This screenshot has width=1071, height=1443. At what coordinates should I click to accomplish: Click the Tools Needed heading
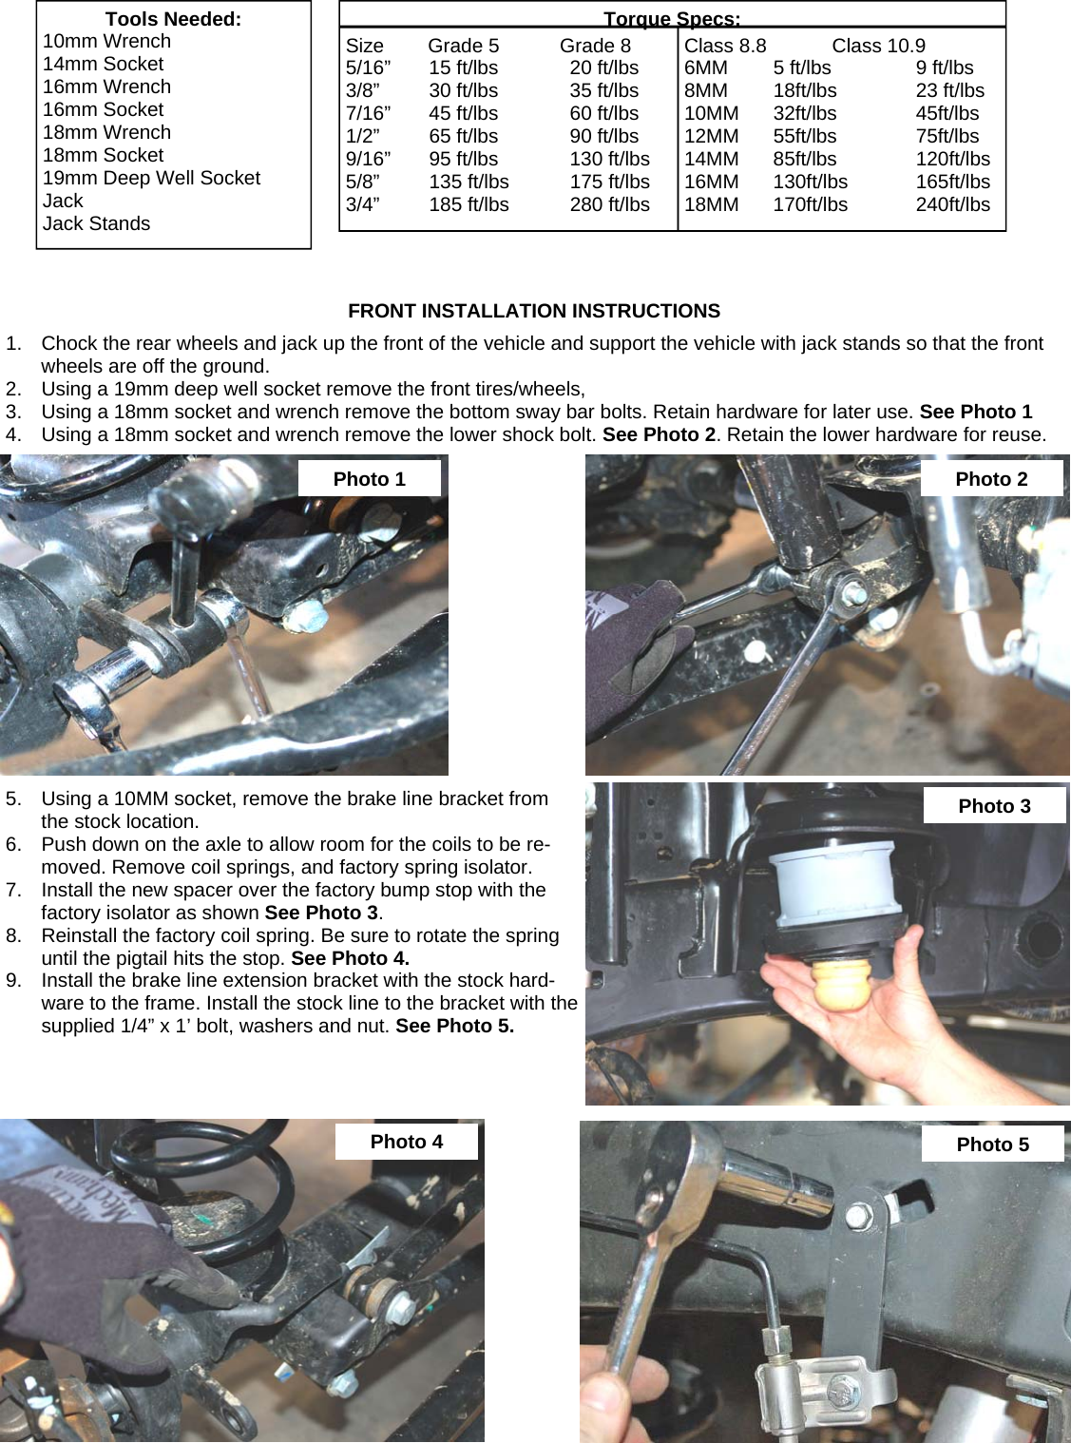[173, 19]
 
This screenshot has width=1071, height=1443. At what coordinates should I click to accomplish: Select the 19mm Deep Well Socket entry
[151, 179]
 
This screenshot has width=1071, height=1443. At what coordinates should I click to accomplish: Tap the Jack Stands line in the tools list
[96, 224]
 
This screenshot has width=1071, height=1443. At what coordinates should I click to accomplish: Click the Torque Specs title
[672, 19]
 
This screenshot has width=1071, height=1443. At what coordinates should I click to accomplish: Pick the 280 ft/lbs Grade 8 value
[609, 205]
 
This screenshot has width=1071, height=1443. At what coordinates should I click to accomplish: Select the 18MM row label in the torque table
[711, 205]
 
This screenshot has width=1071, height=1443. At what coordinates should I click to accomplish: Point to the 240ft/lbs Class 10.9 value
[952, 205]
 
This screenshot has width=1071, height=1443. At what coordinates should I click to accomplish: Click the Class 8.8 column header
[725, 46]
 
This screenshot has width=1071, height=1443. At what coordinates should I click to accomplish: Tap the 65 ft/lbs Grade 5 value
[463, 137]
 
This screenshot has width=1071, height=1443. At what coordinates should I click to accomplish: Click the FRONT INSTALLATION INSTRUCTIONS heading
[534, 312]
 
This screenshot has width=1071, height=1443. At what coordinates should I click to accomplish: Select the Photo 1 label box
[370, 479]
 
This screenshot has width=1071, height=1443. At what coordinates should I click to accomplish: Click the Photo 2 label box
[991, 479]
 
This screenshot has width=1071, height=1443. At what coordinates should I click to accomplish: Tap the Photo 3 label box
[994, 806]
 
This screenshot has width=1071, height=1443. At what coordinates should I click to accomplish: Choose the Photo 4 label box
[407, 1142]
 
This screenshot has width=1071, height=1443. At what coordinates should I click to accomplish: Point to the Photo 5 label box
[992, 1145]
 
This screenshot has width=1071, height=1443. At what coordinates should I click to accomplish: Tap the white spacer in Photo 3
[832, 879]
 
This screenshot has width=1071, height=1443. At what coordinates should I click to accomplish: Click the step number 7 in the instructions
[13, 891]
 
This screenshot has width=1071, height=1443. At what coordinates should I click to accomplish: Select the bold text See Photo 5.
[454, 1027]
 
